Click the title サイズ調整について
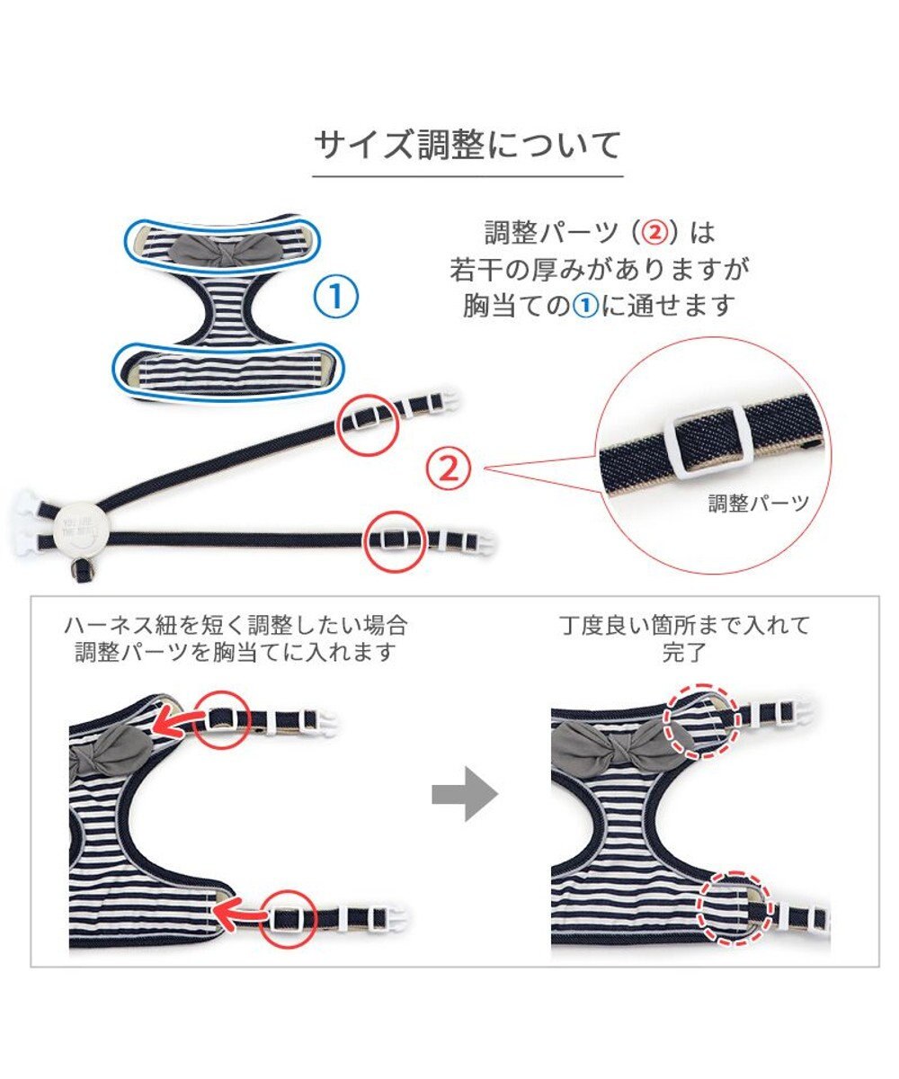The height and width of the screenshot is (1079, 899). (467, 145)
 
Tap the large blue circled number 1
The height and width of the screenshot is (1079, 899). (336, 297)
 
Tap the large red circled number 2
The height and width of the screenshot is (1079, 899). (448, 469)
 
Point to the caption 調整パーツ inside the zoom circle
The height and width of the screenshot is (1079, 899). (759, 503)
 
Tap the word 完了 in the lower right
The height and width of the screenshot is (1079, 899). (684, 653)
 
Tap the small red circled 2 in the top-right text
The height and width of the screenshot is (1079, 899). (654, 233)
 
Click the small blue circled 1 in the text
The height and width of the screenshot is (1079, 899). (585, 307)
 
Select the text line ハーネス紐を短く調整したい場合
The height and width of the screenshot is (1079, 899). (236, 626)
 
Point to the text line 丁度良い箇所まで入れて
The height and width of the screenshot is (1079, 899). (684, 626)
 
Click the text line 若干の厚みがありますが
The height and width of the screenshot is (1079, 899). (599, 270)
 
